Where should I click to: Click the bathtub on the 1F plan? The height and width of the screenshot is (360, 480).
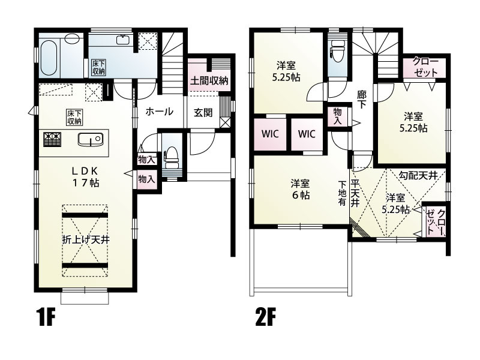pos(49,58)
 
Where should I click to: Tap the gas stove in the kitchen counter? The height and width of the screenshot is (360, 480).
pos(52,139)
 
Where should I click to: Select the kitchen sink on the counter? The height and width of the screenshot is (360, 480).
pos(90,140)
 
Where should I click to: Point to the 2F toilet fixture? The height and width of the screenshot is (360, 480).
pos(337,51)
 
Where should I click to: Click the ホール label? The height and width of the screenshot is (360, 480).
pos(159,112)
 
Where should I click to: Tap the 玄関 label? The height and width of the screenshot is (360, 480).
pos(203,113)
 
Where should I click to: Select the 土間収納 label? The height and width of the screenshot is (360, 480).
pos(209,81)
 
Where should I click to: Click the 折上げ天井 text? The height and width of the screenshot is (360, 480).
pos(86,239)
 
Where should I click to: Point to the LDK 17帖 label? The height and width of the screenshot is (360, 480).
pos(85,176)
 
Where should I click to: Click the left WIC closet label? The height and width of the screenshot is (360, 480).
pos(270,134)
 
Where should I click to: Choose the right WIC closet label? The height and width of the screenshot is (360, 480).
pos(307,134)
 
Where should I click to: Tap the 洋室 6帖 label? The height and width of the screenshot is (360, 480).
pos(300,189)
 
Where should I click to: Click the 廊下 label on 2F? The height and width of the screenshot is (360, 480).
pos(362,100)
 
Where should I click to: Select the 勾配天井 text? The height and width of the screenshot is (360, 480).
pos(418,175)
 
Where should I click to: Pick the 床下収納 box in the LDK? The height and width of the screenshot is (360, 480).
pos(74,117)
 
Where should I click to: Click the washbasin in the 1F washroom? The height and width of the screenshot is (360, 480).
pos(124,40)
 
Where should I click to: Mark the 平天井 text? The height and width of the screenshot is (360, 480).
pos(355,194)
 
